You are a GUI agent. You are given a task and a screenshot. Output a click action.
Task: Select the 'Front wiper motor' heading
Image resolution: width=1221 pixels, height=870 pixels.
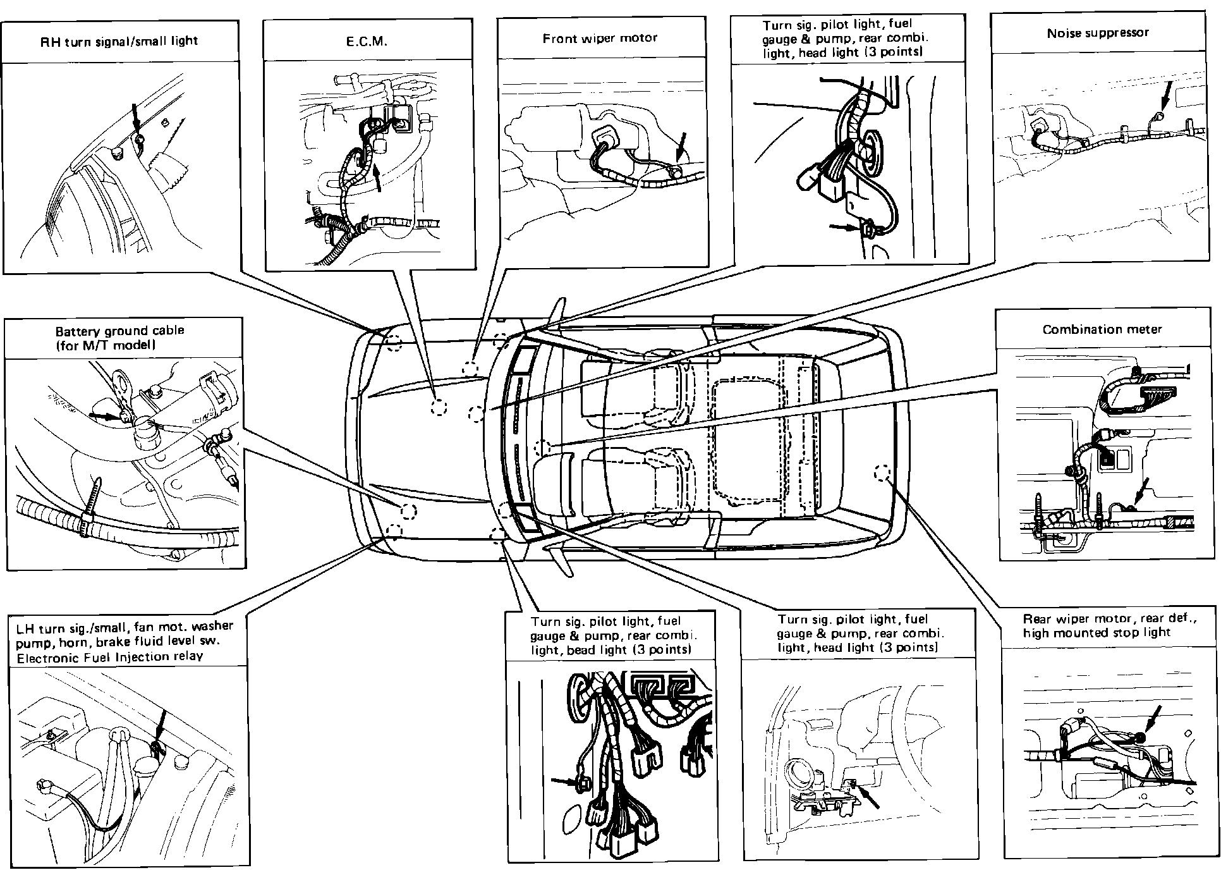(600, 39)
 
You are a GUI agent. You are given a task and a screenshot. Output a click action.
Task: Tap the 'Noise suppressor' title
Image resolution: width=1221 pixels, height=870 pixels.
(1098, 33)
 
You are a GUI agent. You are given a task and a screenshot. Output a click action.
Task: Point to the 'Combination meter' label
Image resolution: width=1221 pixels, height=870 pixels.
(1102, 329)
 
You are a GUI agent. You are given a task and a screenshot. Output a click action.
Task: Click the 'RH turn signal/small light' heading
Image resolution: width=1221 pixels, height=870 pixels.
(119, 41)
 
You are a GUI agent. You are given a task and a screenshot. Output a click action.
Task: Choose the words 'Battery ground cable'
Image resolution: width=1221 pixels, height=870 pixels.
(119, 331)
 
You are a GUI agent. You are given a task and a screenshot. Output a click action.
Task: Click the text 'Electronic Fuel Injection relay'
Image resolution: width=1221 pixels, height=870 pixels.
(110, 656)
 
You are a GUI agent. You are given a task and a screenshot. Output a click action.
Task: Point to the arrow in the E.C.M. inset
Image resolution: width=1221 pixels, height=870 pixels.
(377, 177)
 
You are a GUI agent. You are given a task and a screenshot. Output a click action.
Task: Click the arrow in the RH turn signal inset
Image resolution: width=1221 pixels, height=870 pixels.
(136, 120)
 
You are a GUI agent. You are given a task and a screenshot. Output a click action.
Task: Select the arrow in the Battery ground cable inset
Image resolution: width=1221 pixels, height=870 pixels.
(104, 415)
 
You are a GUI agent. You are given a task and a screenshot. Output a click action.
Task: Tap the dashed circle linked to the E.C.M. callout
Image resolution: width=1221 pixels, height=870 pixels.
(438, 407)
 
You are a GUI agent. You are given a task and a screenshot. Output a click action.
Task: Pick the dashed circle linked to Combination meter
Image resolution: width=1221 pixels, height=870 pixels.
(541, 448)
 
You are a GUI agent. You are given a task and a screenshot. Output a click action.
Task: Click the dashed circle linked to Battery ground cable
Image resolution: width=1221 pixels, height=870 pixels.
(408, 511)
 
